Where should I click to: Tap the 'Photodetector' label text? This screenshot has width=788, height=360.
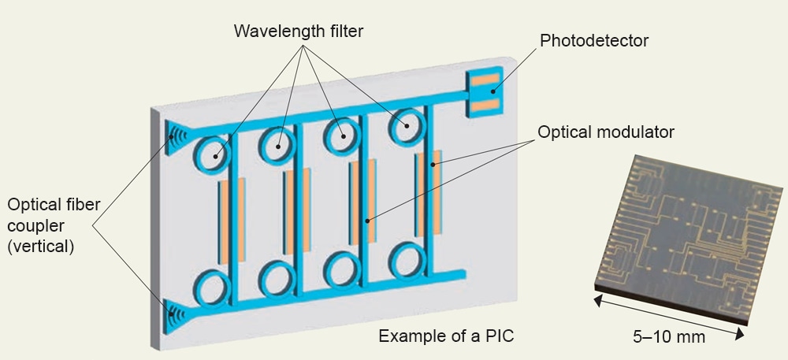[594, 40]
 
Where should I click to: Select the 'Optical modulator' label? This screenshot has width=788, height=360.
[606, 132]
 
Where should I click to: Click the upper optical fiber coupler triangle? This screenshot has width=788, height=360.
[175, 134]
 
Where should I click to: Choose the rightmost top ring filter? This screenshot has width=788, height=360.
[407, 125]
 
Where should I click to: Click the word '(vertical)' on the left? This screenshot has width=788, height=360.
[41, 247]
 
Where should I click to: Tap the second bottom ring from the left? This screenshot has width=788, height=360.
[277, 278]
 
